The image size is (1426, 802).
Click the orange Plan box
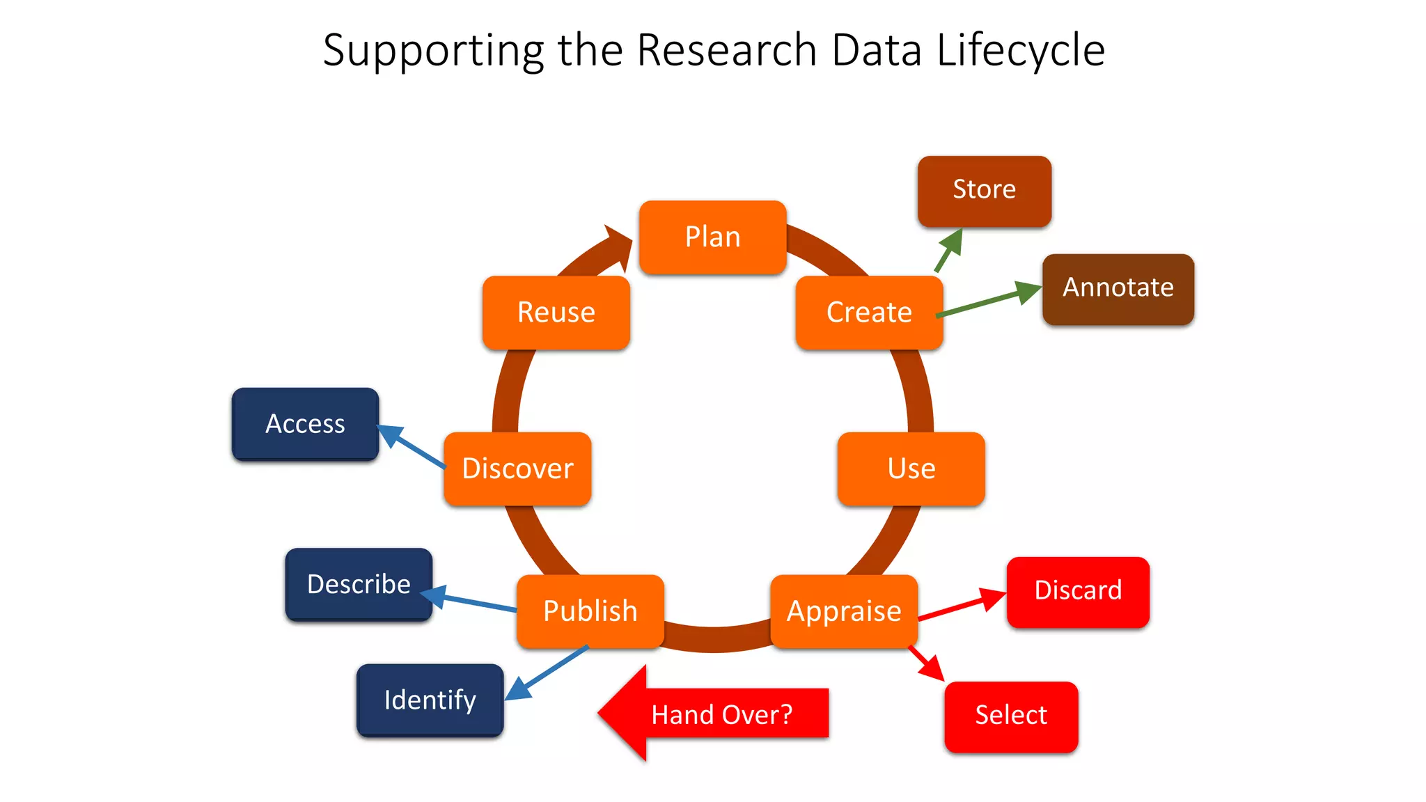click(x=712, y=237)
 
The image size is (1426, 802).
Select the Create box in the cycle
click(x=869, y=313)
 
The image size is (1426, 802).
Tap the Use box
click(x=911, y=469)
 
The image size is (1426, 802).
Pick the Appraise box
click(x=844, y=611)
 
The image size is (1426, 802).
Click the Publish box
click(x=590, y=611)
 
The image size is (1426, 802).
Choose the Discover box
click(x=517, y=469)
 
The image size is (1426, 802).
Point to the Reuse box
click(x=556, y=313)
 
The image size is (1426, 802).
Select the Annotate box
click(x=1118, y=288)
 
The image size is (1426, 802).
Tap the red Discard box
click(x=1077, y=591)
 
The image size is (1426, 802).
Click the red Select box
click(x=1010, y=716)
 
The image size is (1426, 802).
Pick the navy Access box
click(x=305, y=424)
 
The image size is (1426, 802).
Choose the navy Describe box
click(x=359, y=584)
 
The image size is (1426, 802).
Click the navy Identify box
click(x=430, y=700)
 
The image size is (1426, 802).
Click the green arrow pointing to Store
click(x=948, y=250)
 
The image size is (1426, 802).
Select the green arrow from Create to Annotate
click(x=989, y=302)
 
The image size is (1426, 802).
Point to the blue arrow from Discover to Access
click(x=411, y=446)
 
